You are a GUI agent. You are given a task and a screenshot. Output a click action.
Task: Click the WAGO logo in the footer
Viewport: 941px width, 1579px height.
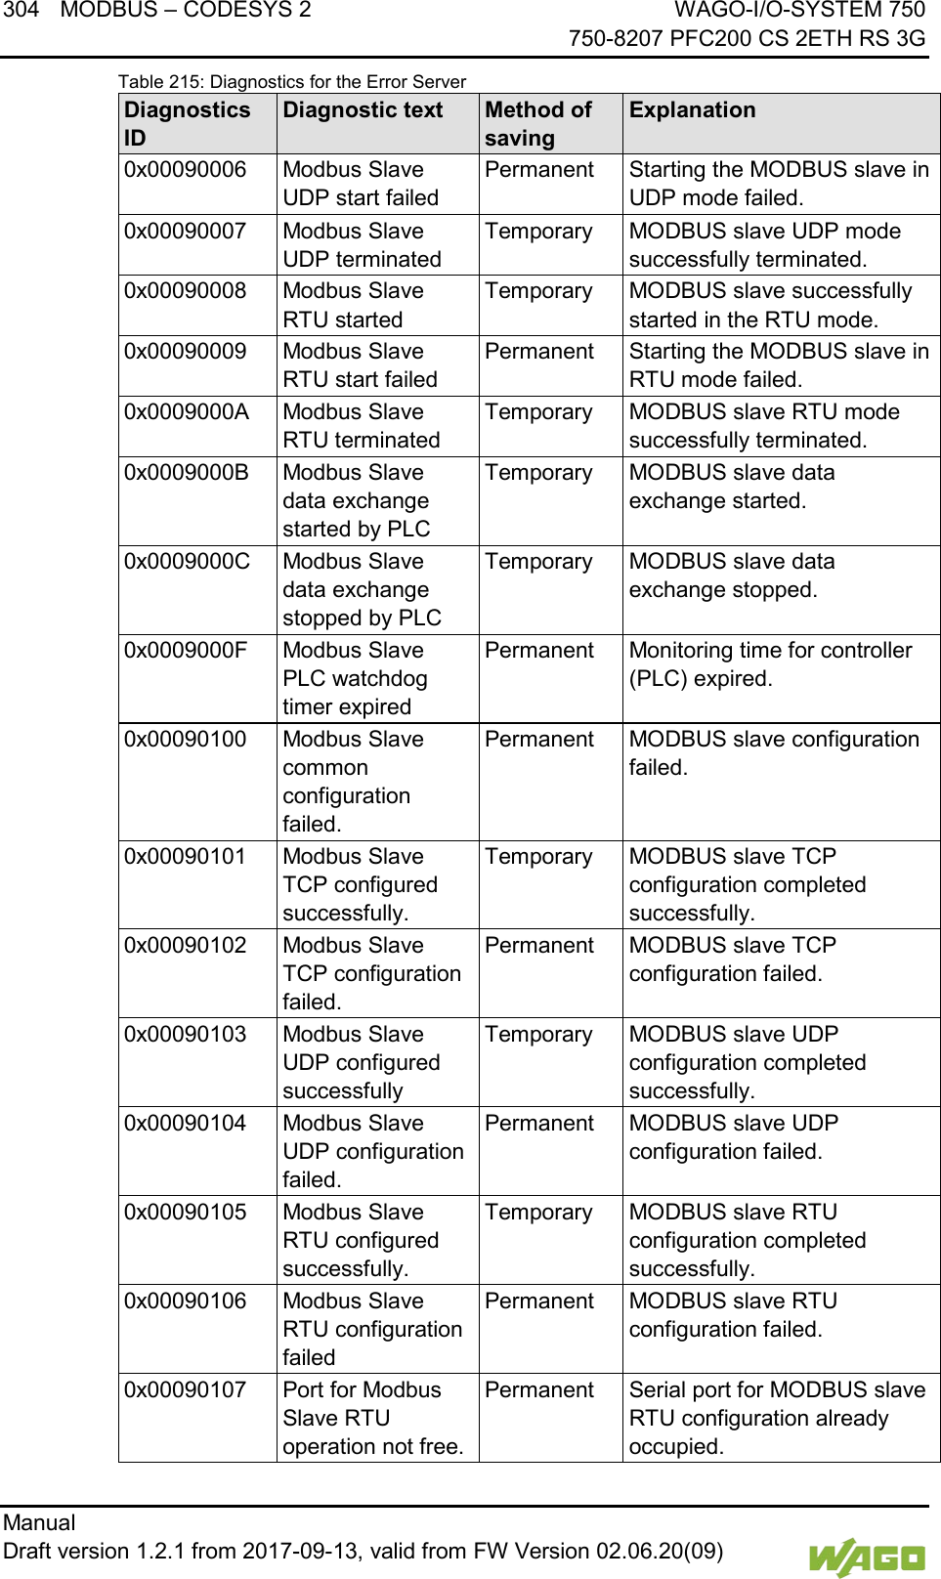click(866, 1557)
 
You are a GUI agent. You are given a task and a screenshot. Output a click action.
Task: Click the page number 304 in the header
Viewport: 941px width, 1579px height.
click(21, 11)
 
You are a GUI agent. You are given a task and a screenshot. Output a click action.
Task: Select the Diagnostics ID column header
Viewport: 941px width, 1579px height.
click(187, 123)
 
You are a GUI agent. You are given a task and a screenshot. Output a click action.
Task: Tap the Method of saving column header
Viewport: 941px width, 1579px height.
click(538, 123)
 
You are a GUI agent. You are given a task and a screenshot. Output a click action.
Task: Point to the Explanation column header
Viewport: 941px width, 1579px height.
click(692, 109)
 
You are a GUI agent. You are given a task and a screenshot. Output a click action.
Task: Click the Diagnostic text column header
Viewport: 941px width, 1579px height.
click(363, 109)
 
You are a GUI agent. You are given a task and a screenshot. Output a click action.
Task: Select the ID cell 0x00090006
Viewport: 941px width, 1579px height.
click(185, 170)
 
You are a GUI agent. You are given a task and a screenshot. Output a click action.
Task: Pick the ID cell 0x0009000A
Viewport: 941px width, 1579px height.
click(186, 412)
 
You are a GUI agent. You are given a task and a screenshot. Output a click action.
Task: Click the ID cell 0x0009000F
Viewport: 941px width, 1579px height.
click(186, 651)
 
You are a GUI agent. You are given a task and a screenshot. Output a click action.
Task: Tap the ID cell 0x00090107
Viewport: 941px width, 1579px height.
click(185, 1389)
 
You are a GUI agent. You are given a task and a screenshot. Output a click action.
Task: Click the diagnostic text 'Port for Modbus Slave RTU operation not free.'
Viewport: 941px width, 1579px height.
click(372, 1418)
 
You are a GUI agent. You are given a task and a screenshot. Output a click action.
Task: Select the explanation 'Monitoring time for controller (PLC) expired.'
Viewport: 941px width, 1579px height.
click(770, 664)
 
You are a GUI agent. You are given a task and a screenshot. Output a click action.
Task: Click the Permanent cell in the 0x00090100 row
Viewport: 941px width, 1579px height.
click(538, 740)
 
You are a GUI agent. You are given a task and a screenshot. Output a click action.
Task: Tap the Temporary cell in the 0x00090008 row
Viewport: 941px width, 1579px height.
click(538, 291)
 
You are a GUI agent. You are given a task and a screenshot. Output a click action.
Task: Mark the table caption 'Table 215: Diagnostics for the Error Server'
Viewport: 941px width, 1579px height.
click(292, 82)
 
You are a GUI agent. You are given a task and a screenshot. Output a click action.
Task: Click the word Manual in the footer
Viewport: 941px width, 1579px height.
click(39, 1522)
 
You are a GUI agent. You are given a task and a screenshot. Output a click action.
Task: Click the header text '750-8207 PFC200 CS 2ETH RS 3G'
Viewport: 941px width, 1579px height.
click(747, 38)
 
